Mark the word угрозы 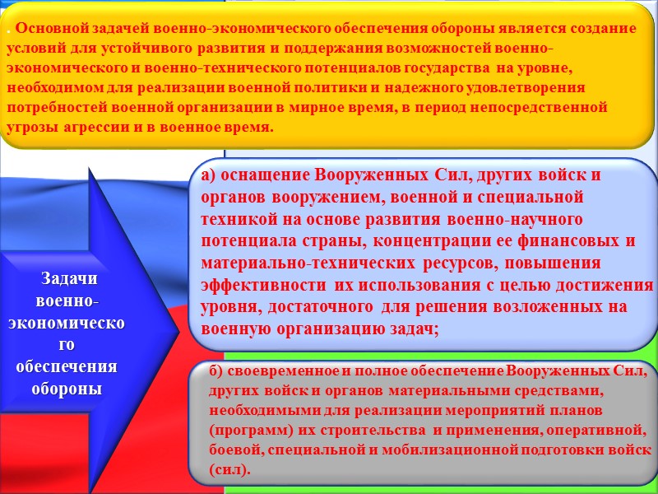click(x=31, y=128)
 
